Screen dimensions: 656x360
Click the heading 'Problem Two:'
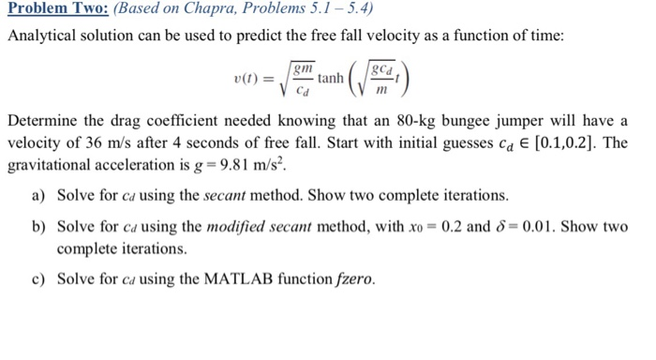54,11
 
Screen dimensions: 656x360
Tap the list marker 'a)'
37,196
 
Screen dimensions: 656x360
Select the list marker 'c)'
37,278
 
